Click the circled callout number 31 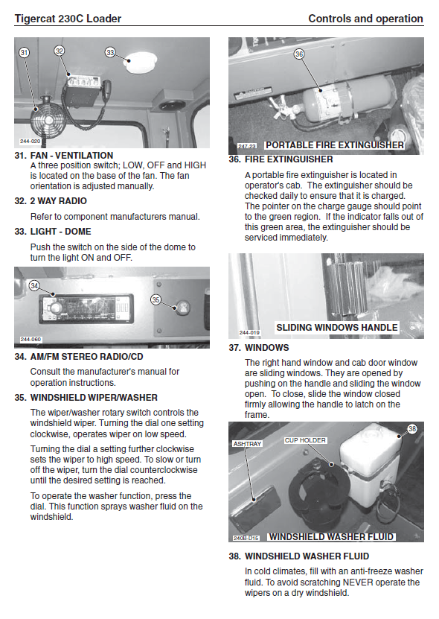pyautogui.click(x=24, y=52)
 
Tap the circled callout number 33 pyautogui.click(x=110, y=52)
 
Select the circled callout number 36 pyautogui.click(x=299, y=54)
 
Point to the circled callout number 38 pyautogui.click(x=412, y=429)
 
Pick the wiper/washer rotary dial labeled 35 pyautogui.click(x=182, y=308)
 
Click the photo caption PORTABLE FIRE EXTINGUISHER pyautogui.click(x=335, y=145)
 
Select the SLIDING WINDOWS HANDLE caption pyautogui.click(x=337, y=328)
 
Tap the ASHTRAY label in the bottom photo pyautogui.click(x=247, y=444)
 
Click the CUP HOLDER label pyautogui.click(x=305, y=440)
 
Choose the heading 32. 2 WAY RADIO pyautogui.click(x=51, y=201)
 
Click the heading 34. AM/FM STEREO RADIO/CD pyautogui.click(x=79, y=357)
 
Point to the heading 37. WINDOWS pyautogui.click(x=259, y=348)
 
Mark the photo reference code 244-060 pyautogui.click(x=31, y=340)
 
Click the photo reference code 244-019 pyautogui.click(x=250, y=333)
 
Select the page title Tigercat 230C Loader pyautogui.click(x=68, y=19)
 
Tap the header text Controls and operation pyautogui.click(x=365, y=19)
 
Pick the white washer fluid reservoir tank pyautogui.click(x=370, y=464)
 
